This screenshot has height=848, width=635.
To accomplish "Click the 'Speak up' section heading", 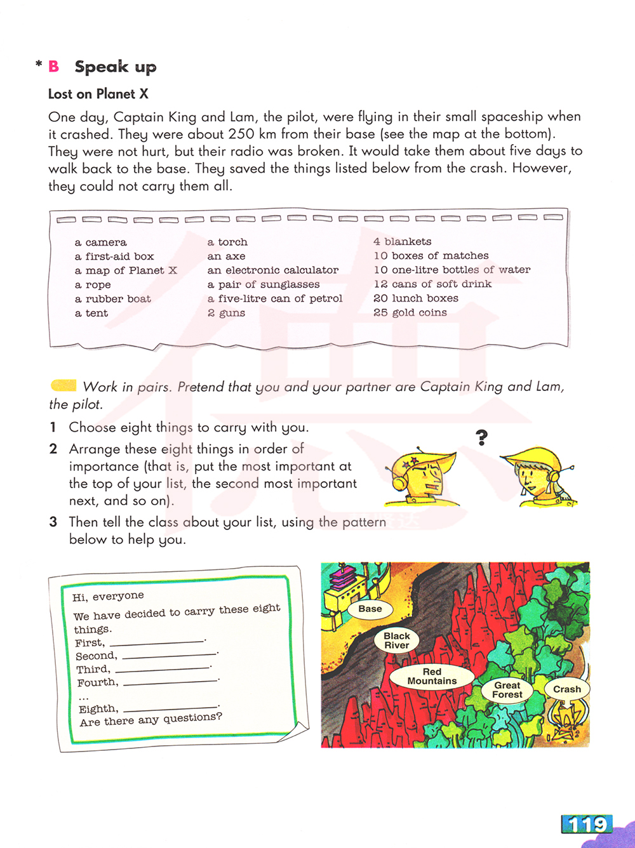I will tap(115, 67).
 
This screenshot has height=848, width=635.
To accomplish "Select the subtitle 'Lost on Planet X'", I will tap(98, 94).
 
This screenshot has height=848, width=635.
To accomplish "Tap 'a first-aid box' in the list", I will tap(114, 256).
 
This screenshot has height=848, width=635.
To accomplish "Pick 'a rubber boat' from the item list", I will tap(113, 299).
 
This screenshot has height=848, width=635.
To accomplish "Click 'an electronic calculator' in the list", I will tap(273, 270).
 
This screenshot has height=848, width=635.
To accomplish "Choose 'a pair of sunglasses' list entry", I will tap(264, 284).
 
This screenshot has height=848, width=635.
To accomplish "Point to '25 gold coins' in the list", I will tap(410, 312).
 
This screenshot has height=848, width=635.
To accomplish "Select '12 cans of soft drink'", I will tap(432, 284).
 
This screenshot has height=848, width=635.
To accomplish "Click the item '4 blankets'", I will tap(403, 242).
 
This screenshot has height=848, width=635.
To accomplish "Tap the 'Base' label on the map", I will tap(370, 609).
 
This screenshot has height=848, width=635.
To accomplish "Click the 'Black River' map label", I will tap(397, 640).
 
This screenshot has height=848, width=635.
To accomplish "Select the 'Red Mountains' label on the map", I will tap(432, 676).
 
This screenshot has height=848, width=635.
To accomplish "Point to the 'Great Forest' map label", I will tap(507, 690).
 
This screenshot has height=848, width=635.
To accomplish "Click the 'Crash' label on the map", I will tap(567, 689).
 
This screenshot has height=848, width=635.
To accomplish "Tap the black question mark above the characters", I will tap(482, 437).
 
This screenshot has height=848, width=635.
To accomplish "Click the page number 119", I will tap(588, 824).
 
